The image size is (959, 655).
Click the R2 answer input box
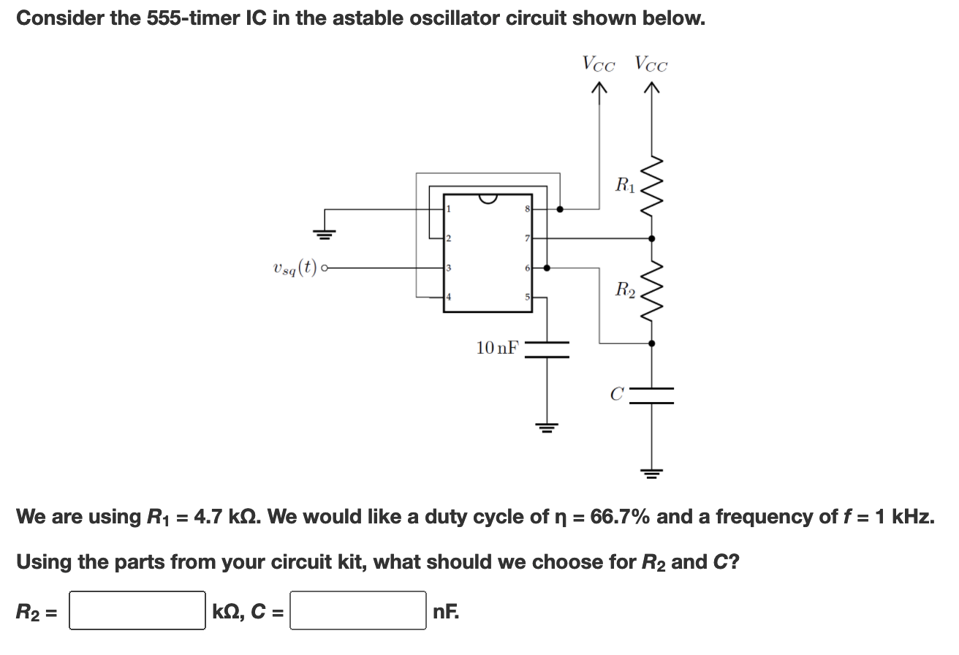pyautogui.click(x=137, y=610)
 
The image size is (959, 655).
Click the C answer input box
pyautogui.click(x=358, y=610)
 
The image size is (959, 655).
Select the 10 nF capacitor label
pyautogui.click(x=497, y=348)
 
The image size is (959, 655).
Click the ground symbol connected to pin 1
pyautogui.click(x=325, y=235)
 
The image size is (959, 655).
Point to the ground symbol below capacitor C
pyautogui.click(x=651, y=472)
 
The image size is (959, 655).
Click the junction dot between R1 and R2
pyautogui.click(x=651, y=238)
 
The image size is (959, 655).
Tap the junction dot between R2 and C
pyautogui.click(x=651, y=342)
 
